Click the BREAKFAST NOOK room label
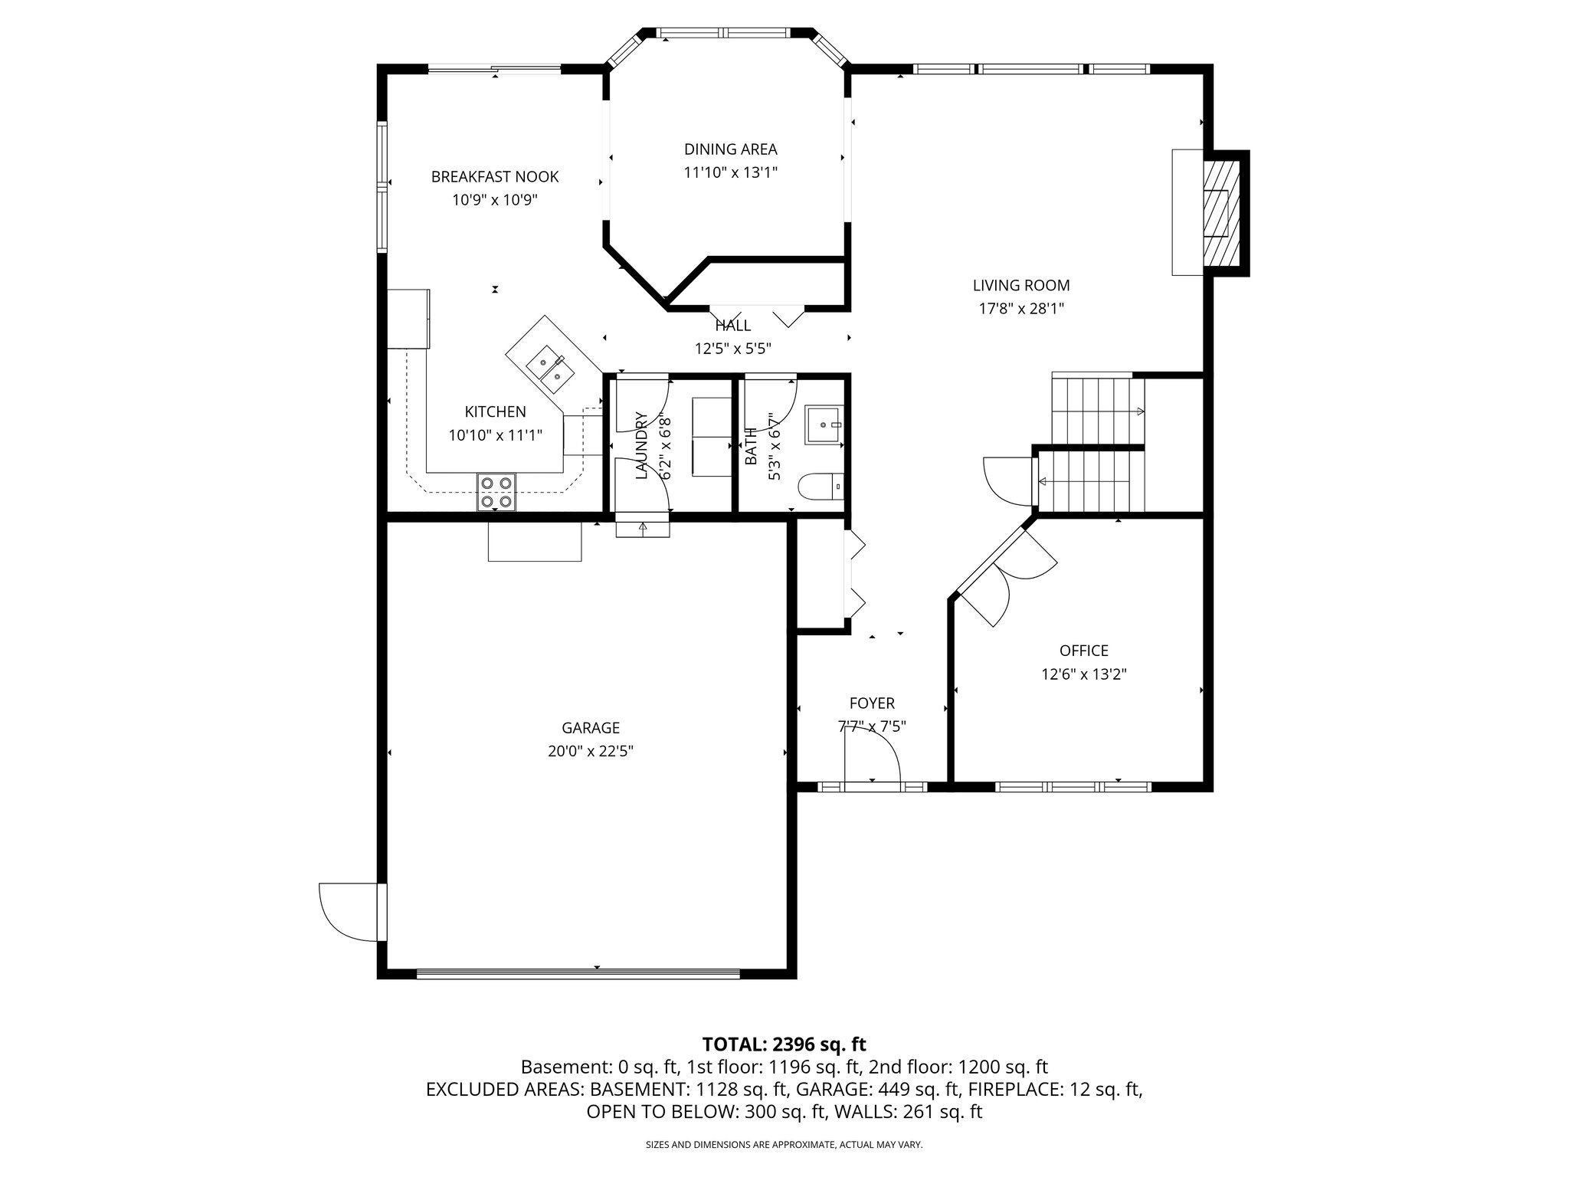click(x=494, y=177)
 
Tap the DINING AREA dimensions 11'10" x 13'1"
click(x=730, y=173)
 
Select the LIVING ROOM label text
click(x=1020, y=286)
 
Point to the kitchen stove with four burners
click(x=496, y=492)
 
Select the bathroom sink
click(x=824, y=425)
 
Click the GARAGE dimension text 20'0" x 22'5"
click(x=590, y=752)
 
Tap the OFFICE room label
click(x=1083, y=651)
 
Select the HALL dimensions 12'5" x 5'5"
click(x=732, y=349)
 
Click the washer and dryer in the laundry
click(x=712, y=437)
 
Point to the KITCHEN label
click(x=495, y=411)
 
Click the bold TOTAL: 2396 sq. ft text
click(x=784, y=1044)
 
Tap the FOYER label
click(x=871, y=703)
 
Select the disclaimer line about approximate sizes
click(x=784, y=1145)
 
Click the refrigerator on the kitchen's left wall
click(x=408, y=318)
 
